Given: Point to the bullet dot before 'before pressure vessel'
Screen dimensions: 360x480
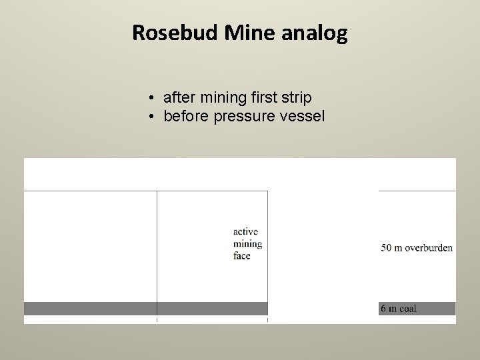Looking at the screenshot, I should pos(153,117).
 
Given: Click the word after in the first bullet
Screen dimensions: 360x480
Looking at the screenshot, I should pos(178,99).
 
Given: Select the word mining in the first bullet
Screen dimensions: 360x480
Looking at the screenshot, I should pos(220,99).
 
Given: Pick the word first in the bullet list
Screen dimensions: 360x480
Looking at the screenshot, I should pos(265,99).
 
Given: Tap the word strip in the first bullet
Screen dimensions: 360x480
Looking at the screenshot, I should pos(297,99).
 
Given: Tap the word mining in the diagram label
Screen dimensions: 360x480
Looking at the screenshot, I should pos(248,244).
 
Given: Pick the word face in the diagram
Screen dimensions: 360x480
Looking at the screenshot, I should pos(242,256).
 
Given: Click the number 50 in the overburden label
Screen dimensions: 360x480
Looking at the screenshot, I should pos(387,248).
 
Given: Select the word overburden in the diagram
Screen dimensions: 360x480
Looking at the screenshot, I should pos(427,248).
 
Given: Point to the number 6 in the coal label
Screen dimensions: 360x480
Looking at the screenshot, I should pos(383,309).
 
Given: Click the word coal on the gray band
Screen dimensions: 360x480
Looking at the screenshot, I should pos(407,309).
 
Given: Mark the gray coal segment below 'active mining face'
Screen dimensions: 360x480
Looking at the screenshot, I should pos(212,309).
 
